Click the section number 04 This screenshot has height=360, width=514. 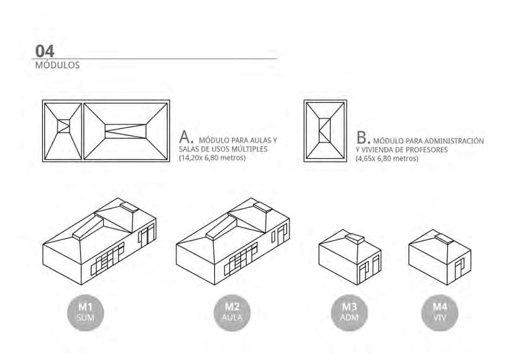45,51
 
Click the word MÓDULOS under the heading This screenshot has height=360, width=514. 57,65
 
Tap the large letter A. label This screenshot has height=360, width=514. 185,137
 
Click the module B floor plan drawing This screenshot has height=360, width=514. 325,131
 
